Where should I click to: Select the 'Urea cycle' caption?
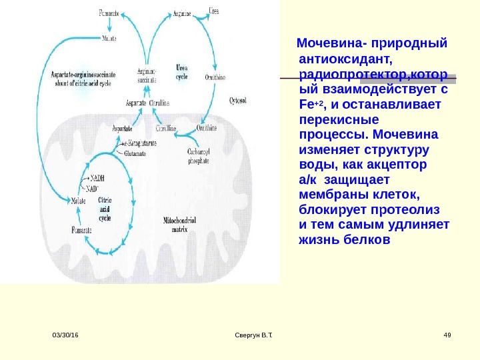(x=181, y=72)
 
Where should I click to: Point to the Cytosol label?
(x=237, y=101)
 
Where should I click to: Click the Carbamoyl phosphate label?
(x=198, y=155)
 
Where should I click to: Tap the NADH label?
(x=97, y=178)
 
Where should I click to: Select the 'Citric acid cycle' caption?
(x=105, y=208)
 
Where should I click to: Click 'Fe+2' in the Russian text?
(x=311, y=105)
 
